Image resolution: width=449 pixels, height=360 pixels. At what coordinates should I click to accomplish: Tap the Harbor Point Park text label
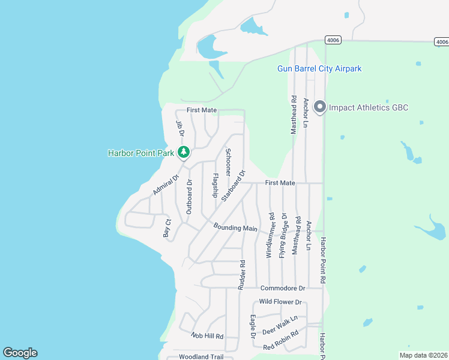point(140,153)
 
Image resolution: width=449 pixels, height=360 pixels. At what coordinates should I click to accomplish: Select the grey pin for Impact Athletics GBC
point(320,107)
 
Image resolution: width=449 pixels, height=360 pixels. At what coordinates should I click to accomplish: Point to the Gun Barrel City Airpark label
point(319,69)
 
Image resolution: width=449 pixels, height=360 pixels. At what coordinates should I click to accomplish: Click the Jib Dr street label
point(179,128)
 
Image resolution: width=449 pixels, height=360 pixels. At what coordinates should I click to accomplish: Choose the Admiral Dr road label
point(166,185)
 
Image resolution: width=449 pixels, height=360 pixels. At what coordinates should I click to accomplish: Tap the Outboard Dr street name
point(189,197)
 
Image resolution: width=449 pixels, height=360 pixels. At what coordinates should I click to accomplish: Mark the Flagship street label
point(215,185)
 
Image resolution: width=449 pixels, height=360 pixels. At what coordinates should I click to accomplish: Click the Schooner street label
point(228,161)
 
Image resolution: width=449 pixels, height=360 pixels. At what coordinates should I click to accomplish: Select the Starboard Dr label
point(234,185)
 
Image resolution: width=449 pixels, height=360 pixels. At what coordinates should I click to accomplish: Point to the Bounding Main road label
point(235,228)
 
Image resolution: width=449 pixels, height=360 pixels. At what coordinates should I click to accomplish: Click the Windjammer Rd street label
point(270,235)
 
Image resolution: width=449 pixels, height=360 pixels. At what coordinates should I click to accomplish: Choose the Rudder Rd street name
point(242,275)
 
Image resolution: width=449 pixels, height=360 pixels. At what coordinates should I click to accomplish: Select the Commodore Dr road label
point(283,289)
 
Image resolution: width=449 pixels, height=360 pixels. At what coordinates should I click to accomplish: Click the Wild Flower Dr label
point(280,302)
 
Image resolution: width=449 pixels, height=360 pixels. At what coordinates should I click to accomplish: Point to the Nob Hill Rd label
point(207,336)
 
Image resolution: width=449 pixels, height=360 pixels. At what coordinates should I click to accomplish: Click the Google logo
point(20,353)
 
